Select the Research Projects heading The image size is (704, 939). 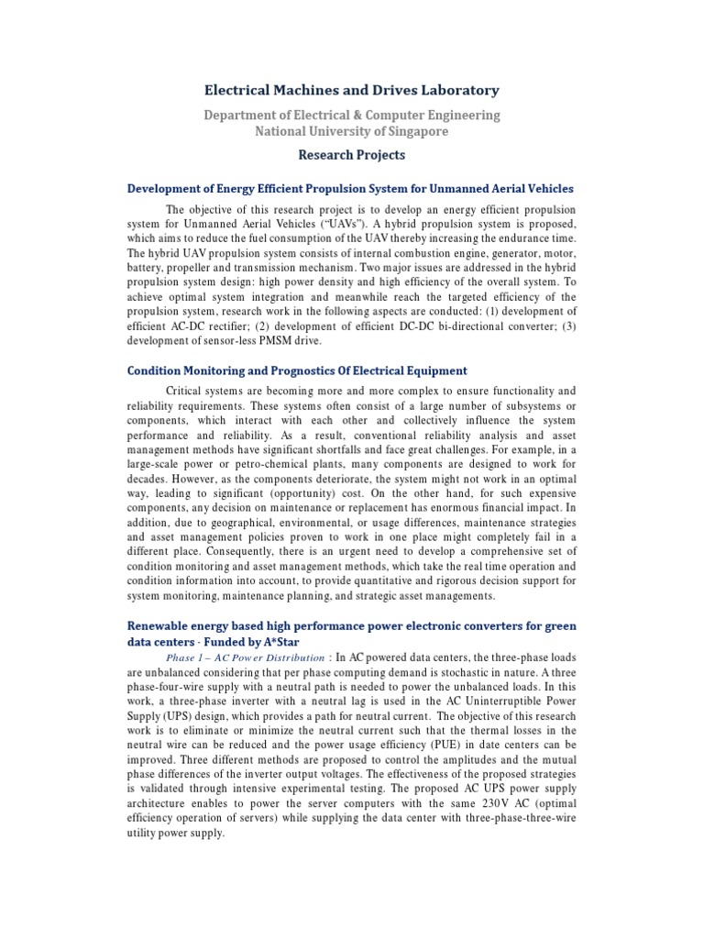tap(352, 155)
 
